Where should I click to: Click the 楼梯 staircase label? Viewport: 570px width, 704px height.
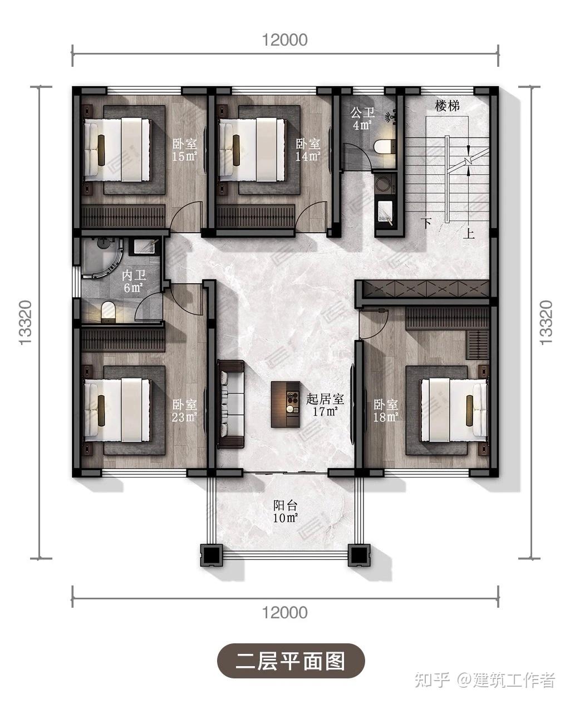(447, 106)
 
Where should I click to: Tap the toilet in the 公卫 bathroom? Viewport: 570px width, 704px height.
(384, 146)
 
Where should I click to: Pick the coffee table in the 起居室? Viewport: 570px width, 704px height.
(286, 405)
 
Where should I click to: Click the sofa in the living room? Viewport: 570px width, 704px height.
(231, 404)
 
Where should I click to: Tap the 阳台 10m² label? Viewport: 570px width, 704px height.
(286, 511)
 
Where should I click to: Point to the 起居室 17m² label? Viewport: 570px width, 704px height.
(325, 405)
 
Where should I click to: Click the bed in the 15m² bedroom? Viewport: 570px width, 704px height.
(118, 150)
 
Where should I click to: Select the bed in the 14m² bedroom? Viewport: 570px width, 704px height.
(252, 150)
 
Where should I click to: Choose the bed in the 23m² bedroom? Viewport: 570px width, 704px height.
(118, 410)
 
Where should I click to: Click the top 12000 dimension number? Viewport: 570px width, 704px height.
(284, 40)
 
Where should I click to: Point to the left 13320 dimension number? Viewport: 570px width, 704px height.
(26, 323)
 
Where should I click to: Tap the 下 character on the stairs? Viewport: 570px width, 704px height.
(427, 223)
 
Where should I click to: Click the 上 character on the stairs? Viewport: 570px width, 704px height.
(469, 233)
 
